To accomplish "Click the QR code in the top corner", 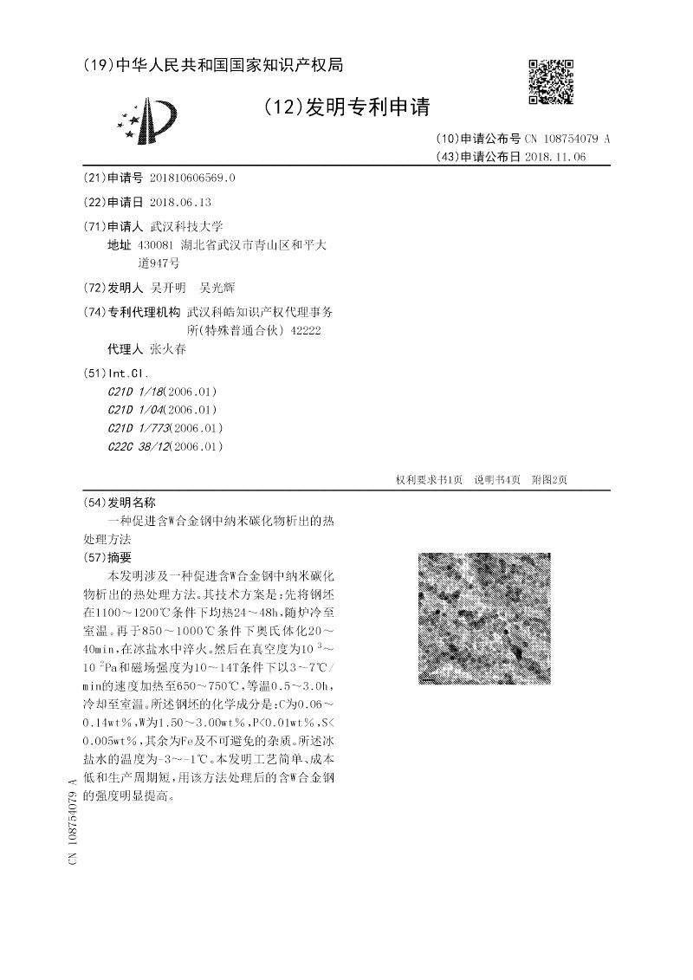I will click(551, 82).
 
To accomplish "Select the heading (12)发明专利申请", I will click(346, 107).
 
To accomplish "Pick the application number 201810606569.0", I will click(191, 178).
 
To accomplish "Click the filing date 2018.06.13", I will click(180, 201).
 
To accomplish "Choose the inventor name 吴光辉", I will click(217, 288).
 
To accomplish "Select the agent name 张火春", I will click(168, 350).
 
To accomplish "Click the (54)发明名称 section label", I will click(118, 503).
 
